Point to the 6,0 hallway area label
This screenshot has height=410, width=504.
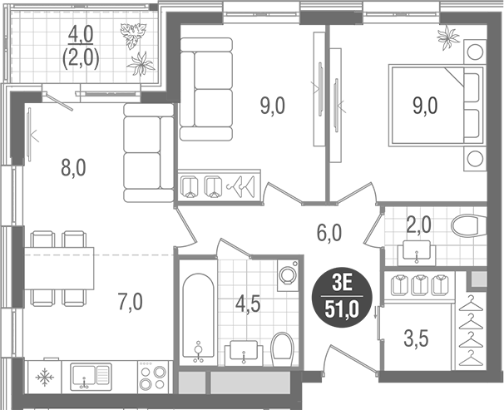coord(329,234)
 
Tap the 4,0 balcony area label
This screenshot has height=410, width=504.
coord(81,35)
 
